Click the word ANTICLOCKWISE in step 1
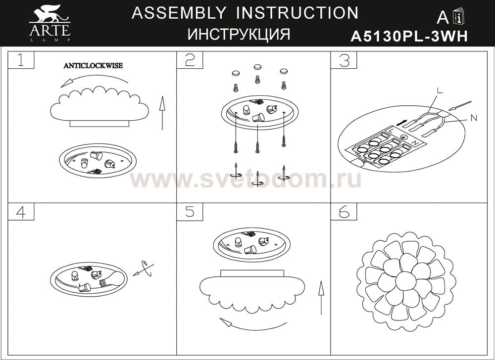pyautogui.click(x=93, y=66)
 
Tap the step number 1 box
pyautogui.click(x=21, y=60)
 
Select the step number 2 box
pyautogui.click(x=190, y=60)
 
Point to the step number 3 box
pyautogui.click(x=344, y=60)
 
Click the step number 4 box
pyautogui.click(x=21, y=212)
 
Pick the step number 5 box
pyautogui.click(x=190, y=212)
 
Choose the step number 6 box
pyautogui.click(x=344, y=212)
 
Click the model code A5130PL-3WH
pyautogui.click(x=409, y=37)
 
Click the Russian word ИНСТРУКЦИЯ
pyautogui.click(x=239, y=34)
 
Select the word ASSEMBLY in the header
pyautogui.click(x=179, y=13)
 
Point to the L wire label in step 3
pyautogui.click(x=440, y=91)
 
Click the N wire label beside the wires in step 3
pyautogui.click(x=474, y=118)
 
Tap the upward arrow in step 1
pyautogui.click(x=162, y=113)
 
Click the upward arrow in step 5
pyautogui.click(x=321, y=298)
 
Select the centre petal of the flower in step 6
pyautogui.click(x=406, y=281)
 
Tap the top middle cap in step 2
pyautogui.click(x=257, y=67)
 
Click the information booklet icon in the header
pyautogui.click(x=458, y=17)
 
